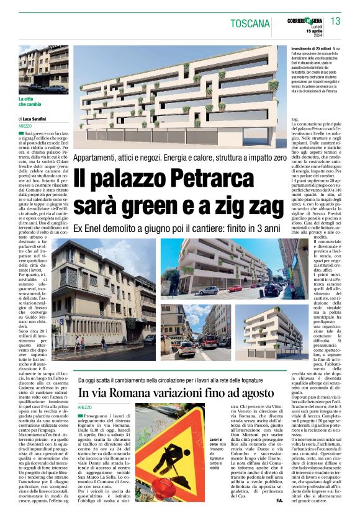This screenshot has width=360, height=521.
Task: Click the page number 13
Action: tap(336, 22)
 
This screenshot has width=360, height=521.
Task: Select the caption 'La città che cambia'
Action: tap(30, 102)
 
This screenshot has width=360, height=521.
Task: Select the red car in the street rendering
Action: tap(235, 288)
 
